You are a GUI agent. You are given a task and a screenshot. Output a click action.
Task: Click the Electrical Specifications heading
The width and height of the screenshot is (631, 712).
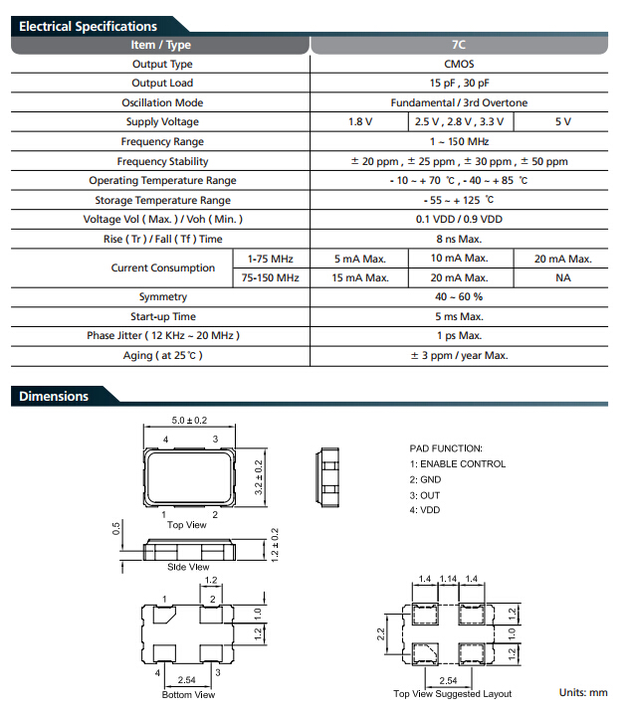pos(88,26)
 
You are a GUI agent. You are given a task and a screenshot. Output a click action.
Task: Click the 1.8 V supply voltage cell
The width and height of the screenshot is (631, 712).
pos(359,121)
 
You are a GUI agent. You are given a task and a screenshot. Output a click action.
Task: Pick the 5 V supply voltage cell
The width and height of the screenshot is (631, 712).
pos(563,121)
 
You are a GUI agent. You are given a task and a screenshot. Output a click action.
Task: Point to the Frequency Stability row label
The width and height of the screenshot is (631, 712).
pos(162,161)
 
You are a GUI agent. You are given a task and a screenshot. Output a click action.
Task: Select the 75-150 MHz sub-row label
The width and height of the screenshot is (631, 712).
pos(271,277)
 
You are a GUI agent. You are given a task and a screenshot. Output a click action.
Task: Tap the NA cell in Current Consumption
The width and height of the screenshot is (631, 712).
pos(563,277)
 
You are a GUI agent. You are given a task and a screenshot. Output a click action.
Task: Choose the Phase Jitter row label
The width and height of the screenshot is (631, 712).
pos(162,336)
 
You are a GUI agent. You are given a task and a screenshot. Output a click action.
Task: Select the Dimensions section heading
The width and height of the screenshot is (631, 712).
pos(54,397)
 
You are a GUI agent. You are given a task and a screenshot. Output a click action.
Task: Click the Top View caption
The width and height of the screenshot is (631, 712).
pos(186,524)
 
